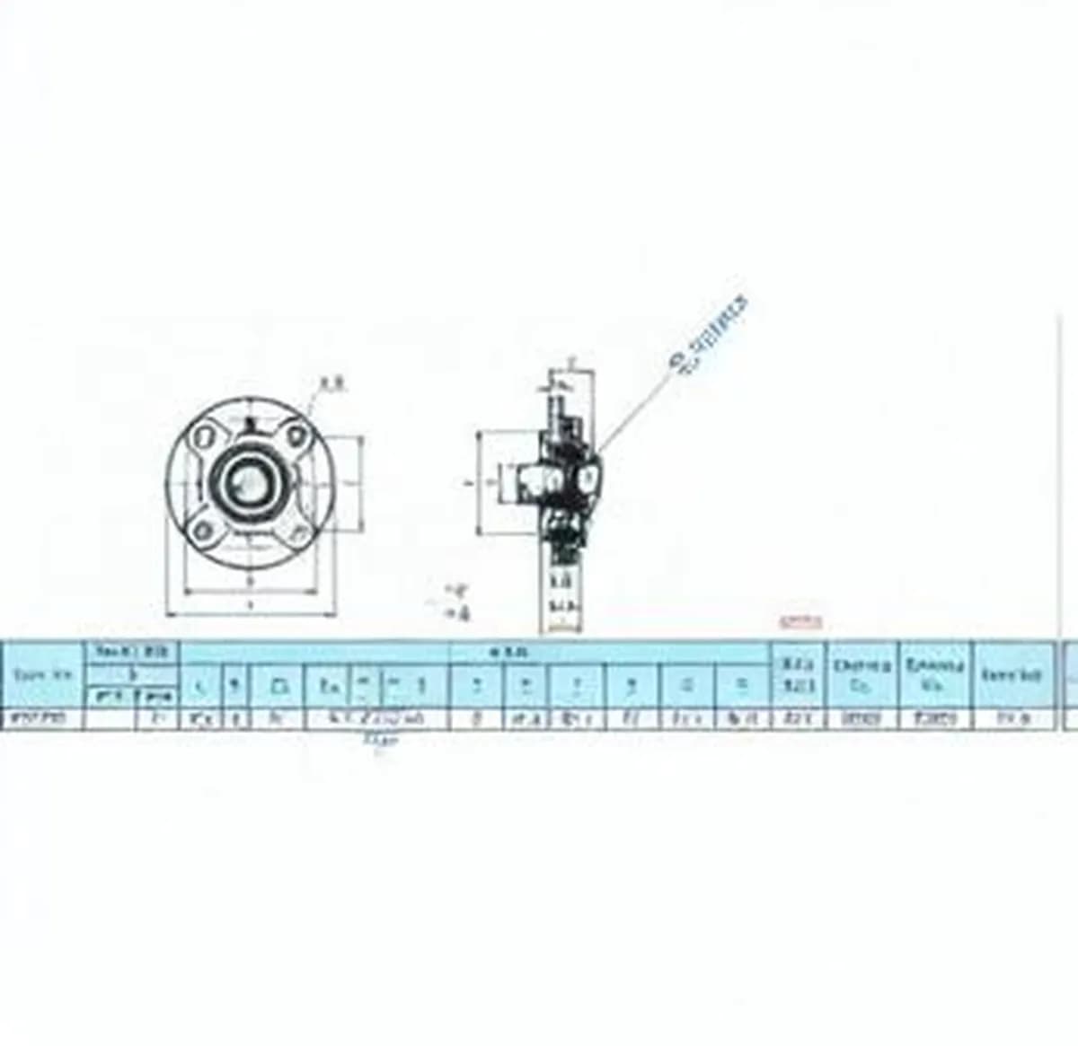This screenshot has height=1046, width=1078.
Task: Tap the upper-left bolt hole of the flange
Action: tap(204, 437)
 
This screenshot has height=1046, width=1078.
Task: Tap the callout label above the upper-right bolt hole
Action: tap(333, 385)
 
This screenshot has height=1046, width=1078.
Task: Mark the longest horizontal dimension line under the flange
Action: tap(251, 615)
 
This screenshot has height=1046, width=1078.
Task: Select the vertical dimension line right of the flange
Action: tap(362, 483)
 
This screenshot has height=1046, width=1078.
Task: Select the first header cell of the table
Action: tap(43, 674)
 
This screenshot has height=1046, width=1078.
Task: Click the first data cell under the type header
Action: tap(43, 718)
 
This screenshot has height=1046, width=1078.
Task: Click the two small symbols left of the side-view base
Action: tap(459, 602)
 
